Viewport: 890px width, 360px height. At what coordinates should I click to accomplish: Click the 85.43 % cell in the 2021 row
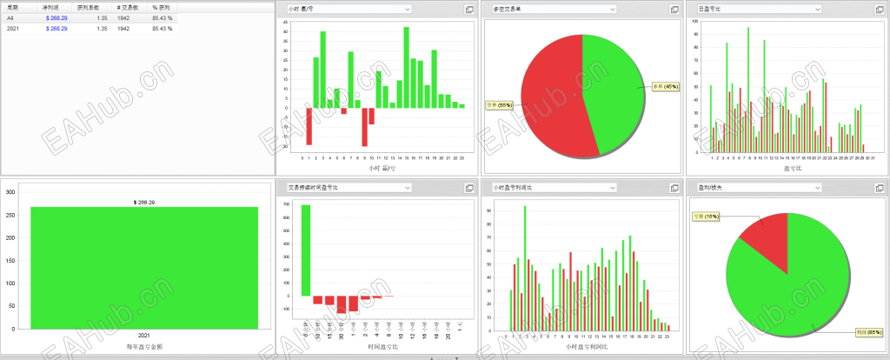point(163,29)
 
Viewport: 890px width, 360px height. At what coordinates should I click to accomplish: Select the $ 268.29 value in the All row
point(56,17)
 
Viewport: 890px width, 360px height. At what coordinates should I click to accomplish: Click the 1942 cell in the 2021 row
point(123,29)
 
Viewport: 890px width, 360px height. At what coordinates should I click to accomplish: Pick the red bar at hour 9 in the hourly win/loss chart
point(364,127)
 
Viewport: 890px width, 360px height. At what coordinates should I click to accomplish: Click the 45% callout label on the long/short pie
point(665,86)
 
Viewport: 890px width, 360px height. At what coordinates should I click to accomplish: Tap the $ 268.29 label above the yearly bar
point(144,201)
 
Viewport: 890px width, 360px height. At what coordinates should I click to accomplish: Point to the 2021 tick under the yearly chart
point(144,334)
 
